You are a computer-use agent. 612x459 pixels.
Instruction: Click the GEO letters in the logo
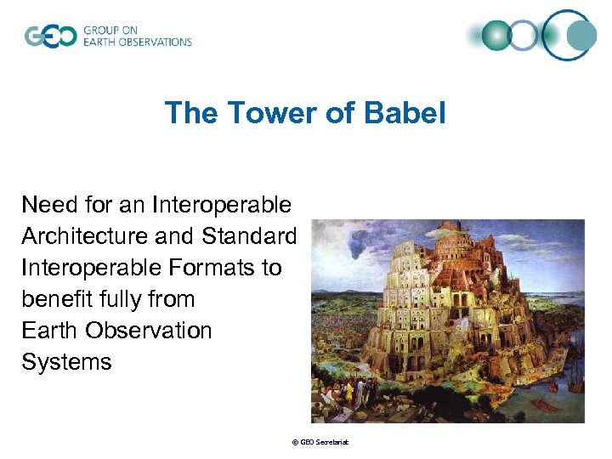coord(51,37)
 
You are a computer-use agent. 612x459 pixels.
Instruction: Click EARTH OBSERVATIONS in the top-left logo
coord(138,42)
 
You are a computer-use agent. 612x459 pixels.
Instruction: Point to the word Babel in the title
coord(409,113)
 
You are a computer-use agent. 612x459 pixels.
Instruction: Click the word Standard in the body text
coord(250,236)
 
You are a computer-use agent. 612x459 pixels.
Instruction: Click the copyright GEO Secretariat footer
coord(320,442)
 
